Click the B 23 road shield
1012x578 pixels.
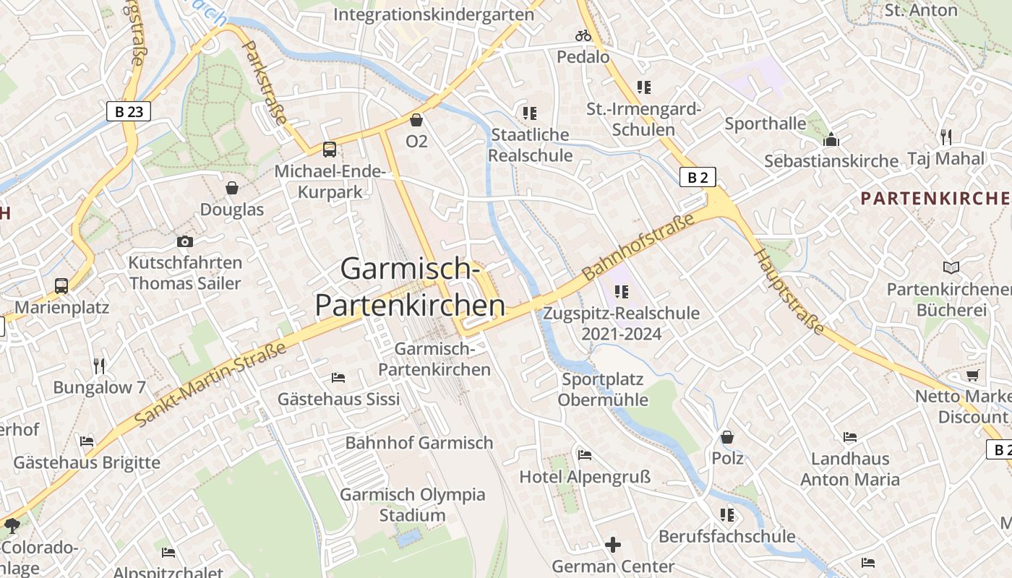129,111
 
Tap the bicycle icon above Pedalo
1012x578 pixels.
583,35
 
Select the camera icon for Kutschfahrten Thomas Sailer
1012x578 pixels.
185,241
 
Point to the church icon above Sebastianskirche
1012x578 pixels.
831,139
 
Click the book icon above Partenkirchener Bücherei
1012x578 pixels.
951,268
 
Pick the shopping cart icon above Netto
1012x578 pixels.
972,375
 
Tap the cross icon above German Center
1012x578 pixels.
613,544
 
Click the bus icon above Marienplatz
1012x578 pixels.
61,286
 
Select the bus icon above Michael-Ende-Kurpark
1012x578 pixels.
330,150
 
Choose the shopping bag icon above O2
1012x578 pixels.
416,120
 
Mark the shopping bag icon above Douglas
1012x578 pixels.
232,188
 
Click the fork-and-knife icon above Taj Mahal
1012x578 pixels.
945,137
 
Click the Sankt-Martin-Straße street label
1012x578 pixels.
210,384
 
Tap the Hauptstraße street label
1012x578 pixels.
789,291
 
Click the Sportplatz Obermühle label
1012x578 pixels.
603,389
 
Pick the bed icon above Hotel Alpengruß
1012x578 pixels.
585,454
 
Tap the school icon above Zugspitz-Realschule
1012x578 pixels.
622,292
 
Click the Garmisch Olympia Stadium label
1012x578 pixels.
413,505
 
